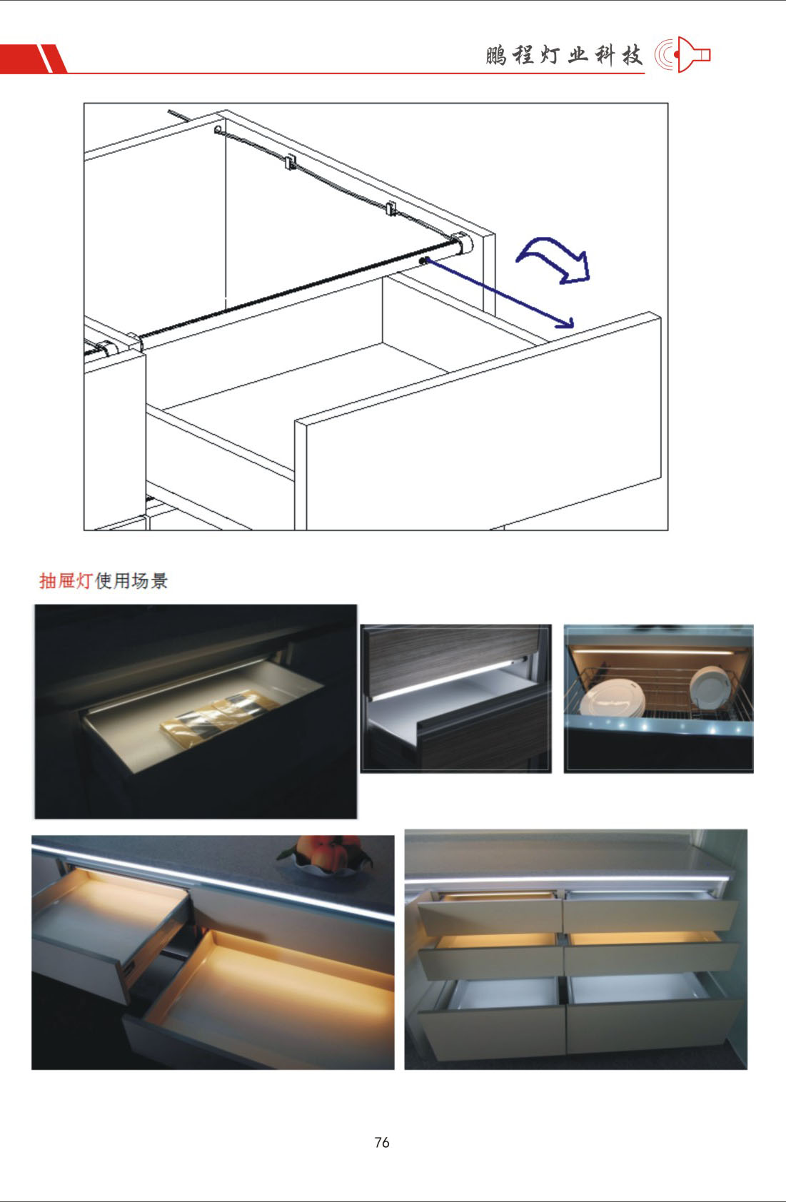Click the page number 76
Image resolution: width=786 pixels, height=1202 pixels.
pos(382,1143)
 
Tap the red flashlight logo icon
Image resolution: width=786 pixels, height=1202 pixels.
pos(682,54)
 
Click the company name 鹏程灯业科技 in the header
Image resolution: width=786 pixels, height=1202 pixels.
pos(564,55)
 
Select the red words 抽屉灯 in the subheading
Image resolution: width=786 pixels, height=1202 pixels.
pos(66,580)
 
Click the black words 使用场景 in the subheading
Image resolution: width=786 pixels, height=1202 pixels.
pos(131,580)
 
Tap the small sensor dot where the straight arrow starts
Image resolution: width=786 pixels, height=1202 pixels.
pos(422,261)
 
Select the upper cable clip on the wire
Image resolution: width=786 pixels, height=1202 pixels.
pos(291,162)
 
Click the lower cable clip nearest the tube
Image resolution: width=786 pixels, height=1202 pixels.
pos(391,208)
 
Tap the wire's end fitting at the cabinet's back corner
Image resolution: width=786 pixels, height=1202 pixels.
pos(218,129)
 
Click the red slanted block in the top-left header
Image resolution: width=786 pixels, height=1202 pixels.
pos(34,59)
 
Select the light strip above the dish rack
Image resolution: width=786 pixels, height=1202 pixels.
pos(653,650)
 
